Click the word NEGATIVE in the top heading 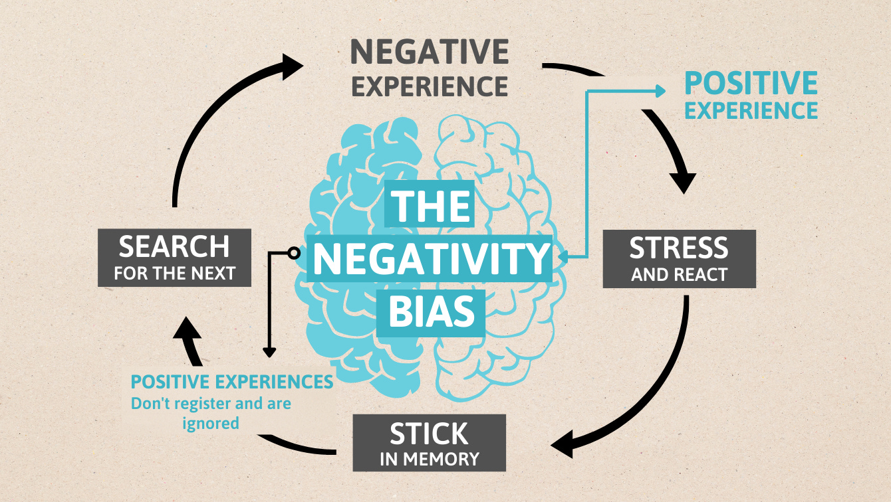[430, 52]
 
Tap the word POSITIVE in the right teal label [751, 84]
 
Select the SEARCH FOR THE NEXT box [174, 258]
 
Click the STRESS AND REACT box [679, 258]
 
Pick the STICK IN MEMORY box [429, 443]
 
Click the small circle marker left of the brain [293, 252]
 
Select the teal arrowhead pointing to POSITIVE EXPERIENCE [660, 91]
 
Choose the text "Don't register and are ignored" [211, 412]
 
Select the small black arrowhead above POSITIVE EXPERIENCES [269, 352]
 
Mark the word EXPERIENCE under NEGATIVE [430, 86]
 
